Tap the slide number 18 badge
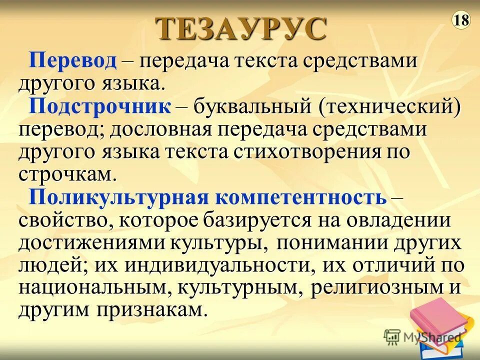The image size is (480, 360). tap(461, 20)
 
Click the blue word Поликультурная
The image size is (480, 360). tap(118, 197)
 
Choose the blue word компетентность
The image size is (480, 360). tap(301, 197)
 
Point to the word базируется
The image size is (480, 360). tap(280, 220)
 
